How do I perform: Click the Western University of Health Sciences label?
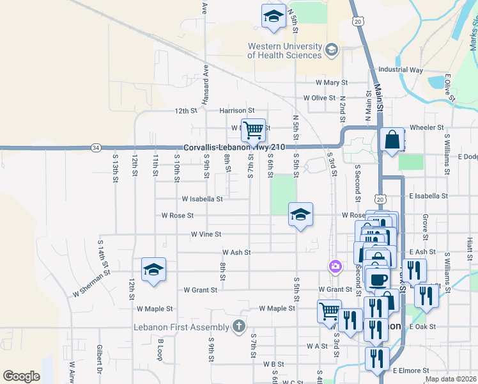285,51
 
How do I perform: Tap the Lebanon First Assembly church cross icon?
238,327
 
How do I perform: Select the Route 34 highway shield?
95,147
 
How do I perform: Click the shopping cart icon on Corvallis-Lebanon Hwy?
253,130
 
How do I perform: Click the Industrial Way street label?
401,69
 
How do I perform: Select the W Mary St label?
332,83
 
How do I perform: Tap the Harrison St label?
237,110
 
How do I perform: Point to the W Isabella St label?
202,198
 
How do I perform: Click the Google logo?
21,376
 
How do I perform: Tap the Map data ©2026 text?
451,379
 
